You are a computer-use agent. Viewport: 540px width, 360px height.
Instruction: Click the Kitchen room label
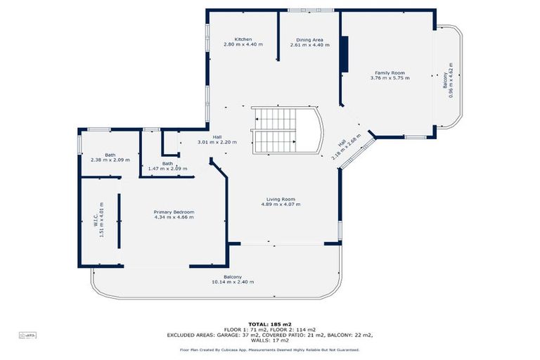click(x=243, y=39)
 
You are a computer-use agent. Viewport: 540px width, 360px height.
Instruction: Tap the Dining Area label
click(x=309, y=39)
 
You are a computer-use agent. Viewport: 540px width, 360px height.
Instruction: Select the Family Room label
click(x=390, y=73)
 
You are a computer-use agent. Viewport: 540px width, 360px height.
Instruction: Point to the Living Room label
click(x=280, y=199)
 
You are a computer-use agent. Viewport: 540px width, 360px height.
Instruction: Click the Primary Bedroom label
click(x=174, y=212)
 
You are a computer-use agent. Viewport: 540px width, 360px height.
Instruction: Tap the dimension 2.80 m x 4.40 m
click(x=243, y=45)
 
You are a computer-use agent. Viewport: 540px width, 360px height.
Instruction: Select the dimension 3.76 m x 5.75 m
click(x=390, y=78)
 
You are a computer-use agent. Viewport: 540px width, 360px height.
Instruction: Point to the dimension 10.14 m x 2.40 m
click(x=233, y=282)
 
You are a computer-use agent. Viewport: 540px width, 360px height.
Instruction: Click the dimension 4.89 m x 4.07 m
click(x=280, y=205)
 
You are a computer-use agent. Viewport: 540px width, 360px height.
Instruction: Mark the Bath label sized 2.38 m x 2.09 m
click(x=110, y=155)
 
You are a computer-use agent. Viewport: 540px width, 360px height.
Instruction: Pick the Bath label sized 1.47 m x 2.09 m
click(x=167, y=164)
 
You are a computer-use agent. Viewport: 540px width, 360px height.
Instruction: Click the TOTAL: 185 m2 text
click(x=269, y=323)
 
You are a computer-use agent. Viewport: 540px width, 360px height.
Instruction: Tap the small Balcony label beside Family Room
click(x=445, y=81)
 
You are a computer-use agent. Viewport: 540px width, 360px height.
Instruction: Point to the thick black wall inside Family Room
click(x=344, y=53)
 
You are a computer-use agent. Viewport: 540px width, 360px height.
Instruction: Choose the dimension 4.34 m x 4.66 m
click(x=174, y=217)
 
